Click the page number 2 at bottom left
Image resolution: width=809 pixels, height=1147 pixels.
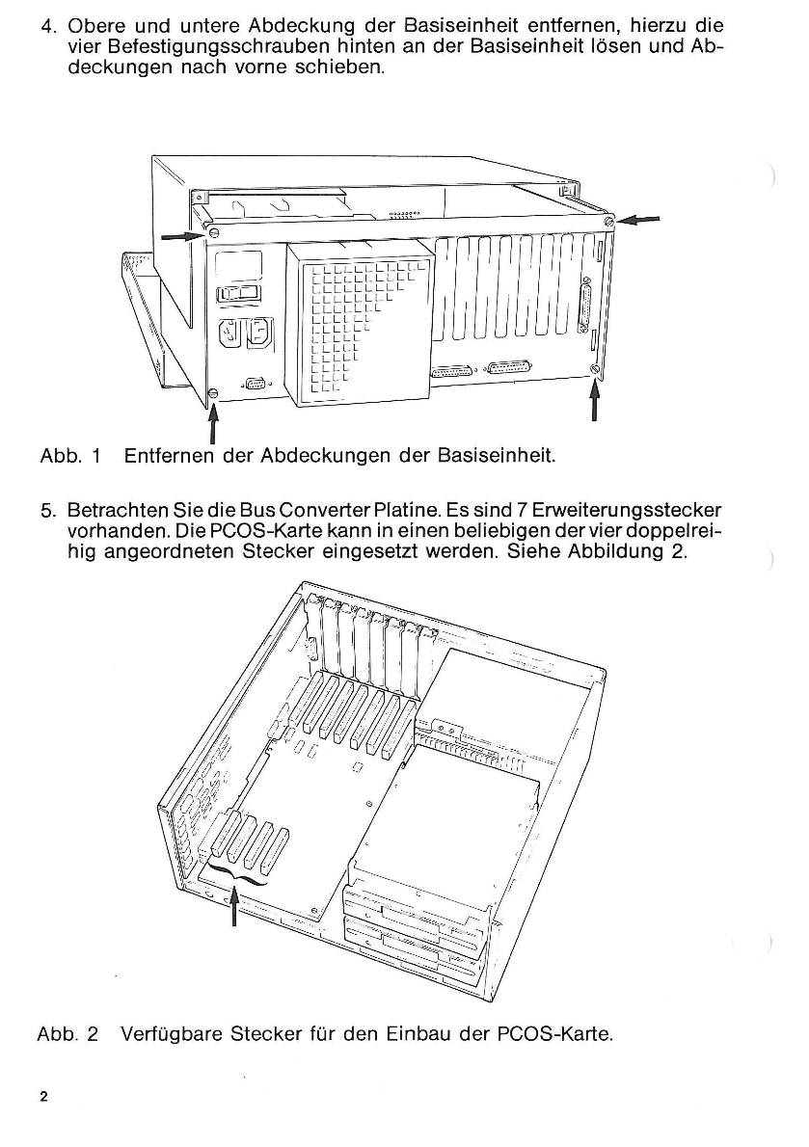[x=44, y=1098]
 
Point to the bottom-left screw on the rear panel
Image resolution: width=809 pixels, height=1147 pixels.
[x=214, y=392]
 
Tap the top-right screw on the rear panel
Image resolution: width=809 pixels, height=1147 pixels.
[x=609, y=222]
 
